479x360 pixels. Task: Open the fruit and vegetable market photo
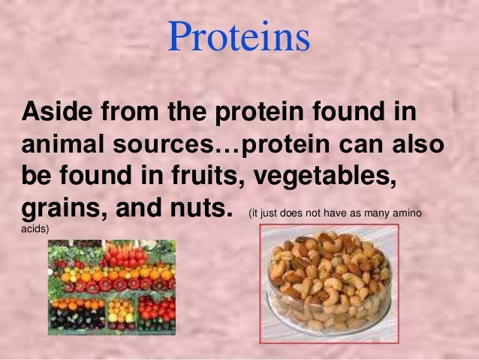(112, 287)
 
